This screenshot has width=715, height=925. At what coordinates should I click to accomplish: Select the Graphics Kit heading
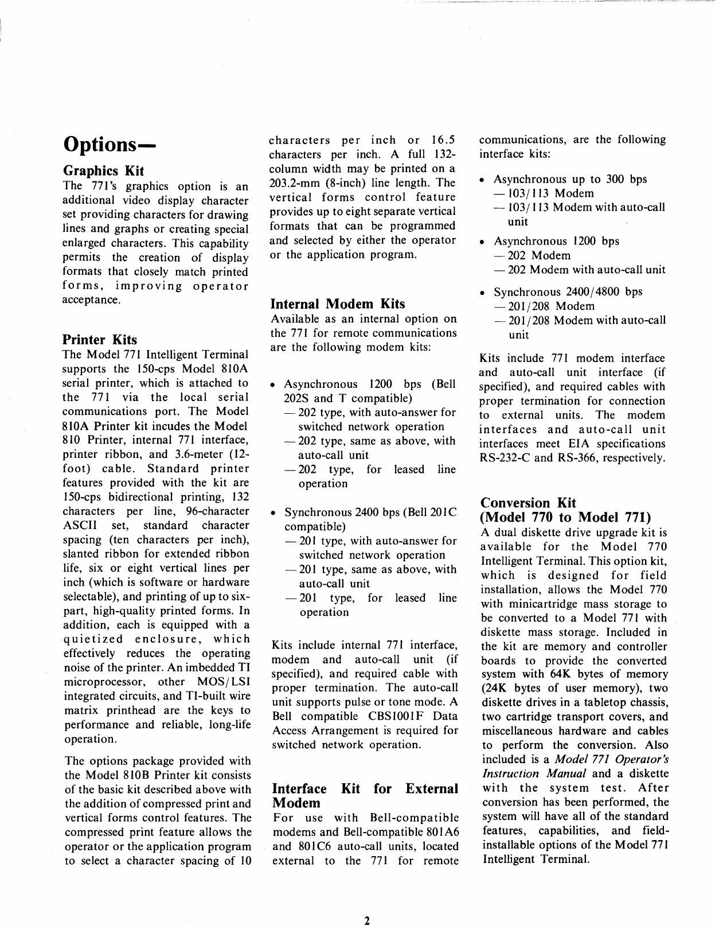click(103, 171)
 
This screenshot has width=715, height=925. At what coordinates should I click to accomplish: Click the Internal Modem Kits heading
click(337, 304)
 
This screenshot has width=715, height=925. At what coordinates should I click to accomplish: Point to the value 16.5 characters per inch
click(443, 140)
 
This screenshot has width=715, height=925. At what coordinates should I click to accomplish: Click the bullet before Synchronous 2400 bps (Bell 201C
click(275, 512)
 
